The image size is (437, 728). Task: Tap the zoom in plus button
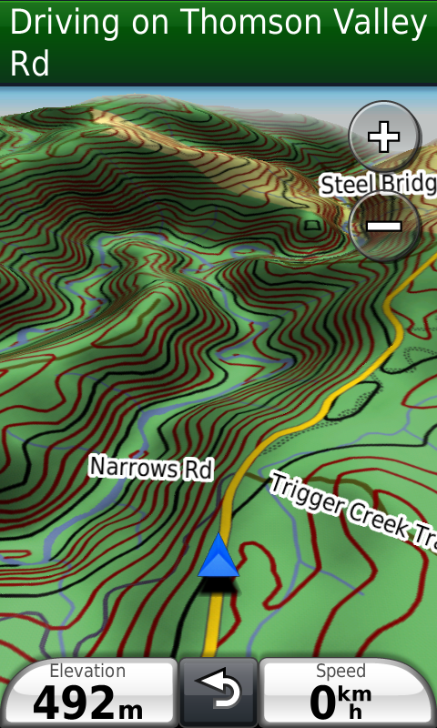pyautogui.click(x=383, y=137)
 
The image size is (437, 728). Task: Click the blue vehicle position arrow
pyautogui.click(x=218, y=557)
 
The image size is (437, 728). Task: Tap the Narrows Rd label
pyautogui.click(x=150, y=468)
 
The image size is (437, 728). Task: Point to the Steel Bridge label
pyautogui.click(x=378, y=184)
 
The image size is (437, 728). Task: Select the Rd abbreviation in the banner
pyautogui.click(x=29, y=64)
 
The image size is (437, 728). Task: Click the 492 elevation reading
pyautogui.click(x=74, y=703)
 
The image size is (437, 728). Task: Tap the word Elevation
pyautogui.click(x=87, y=672)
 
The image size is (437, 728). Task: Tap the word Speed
pyautogui.click(x=340, y=672)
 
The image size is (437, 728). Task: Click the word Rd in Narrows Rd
pyautogui.click(x=197, y=470)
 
